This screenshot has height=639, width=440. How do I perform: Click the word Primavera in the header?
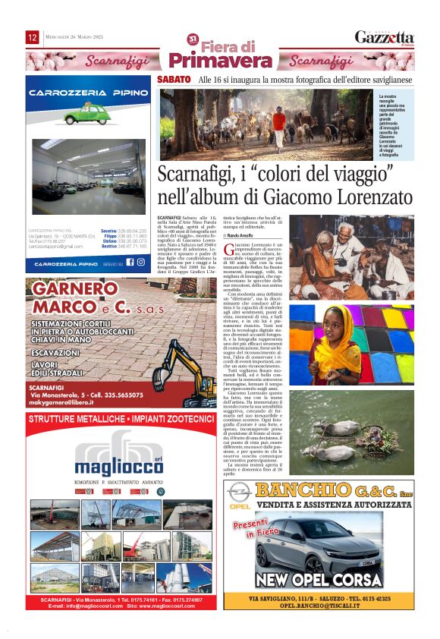tap(210, 61)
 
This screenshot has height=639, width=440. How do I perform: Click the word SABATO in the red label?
tap(174, 80)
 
